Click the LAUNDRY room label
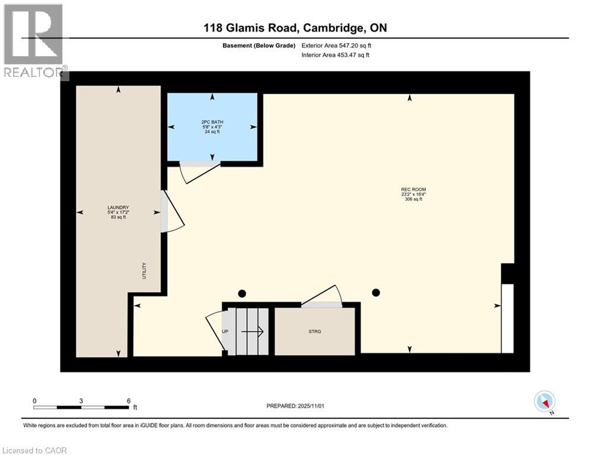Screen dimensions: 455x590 coord(119,207)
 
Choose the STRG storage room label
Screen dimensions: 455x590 coord(315,331)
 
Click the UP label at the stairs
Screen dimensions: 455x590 coord(225,331)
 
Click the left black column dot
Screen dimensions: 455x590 coord(242,293)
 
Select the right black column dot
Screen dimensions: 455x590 coord(376,292)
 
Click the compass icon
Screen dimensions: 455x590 coord(544,401)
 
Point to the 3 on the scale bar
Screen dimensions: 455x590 coord(81,400)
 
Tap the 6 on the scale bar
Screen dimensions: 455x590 coord(128,400)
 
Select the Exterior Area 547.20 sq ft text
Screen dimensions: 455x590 coord(336,45)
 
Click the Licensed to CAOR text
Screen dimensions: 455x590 coord(35,450)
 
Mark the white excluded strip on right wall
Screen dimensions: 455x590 coord(508,318)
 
